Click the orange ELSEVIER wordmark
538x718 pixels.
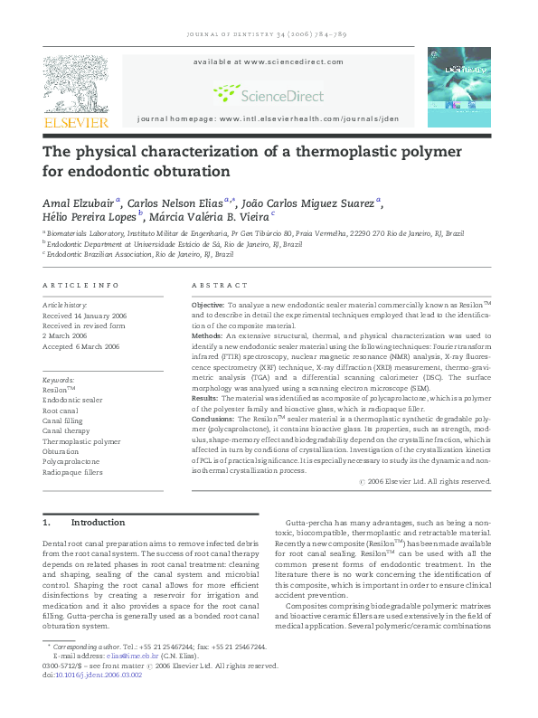pos(76,122)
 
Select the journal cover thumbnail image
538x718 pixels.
pos(459,88)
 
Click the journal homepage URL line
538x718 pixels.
pos(268,119)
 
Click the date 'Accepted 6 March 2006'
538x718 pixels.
pos(81,346)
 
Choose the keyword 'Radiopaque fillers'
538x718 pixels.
pos(73,472)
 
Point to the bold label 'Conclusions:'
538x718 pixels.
pos(212,420)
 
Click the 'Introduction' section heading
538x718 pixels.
pos(98,523)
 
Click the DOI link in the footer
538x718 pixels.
pos(94,700)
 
